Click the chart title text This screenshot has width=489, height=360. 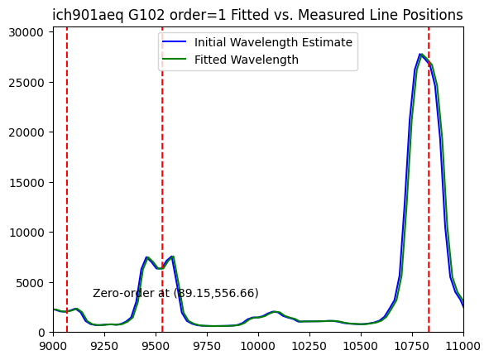pos(257,15)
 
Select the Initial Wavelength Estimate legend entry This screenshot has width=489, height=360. pos(257,42)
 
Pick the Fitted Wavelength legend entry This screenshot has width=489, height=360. pos(230,60)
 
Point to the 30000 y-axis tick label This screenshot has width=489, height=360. pos(26,32)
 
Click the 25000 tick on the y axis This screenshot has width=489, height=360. pos(26,83)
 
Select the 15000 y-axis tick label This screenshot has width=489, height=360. pos(26,183)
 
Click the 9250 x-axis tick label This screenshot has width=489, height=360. pos(104,346)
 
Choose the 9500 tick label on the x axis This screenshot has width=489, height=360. pos(156,346)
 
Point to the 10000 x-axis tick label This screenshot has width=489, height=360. pos(258,346)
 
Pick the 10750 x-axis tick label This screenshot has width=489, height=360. pos(412,346)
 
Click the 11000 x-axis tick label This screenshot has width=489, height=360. pos(463,346)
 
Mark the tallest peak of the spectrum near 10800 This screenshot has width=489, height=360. pos(421,55)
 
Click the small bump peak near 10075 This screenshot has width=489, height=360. pos(275,312)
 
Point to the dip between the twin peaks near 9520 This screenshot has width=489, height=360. pos(160,268)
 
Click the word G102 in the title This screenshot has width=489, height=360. pos(146,15)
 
